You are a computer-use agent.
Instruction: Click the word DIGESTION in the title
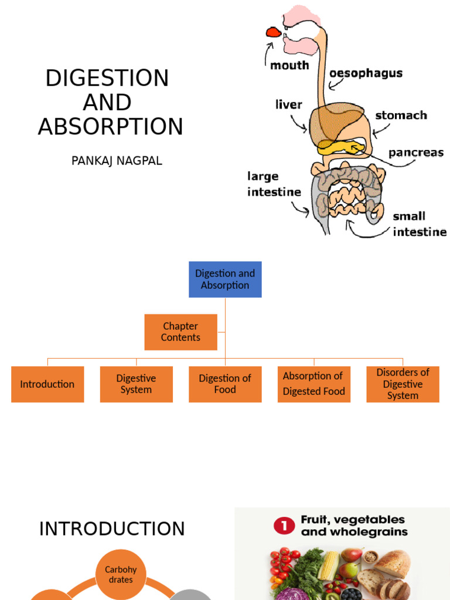107,78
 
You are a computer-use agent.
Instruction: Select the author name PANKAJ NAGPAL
117,161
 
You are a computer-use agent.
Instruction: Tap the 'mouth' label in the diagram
289,65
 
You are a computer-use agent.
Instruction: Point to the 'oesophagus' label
366,73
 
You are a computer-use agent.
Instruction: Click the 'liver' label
289,105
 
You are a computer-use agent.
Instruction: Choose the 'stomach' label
401,115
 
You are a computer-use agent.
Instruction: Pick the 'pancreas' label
416,153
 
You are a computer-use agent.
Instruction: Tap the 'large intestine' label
274,184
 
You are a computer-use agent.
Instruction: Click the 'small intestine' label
419,224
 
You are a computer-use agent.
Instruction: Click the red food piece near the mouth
273,32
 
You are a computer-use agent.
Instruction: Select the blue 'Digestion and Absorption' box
225,279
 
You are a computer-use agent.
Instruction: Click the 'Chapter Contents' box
180,332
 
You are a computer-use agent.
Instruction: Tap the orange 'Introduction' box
47,384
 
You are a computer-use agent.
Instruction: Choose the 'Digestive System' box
136,384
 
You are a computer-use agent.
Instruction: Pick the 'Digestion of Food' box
225,384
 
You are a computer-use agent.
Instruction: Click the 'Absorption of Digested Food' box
314,384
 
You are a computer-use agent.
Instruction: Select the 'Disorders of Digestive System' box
403,384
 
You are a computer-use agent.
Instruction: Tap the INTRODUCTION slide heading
112,529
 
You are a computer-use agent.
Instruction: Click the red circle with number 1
284,526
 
